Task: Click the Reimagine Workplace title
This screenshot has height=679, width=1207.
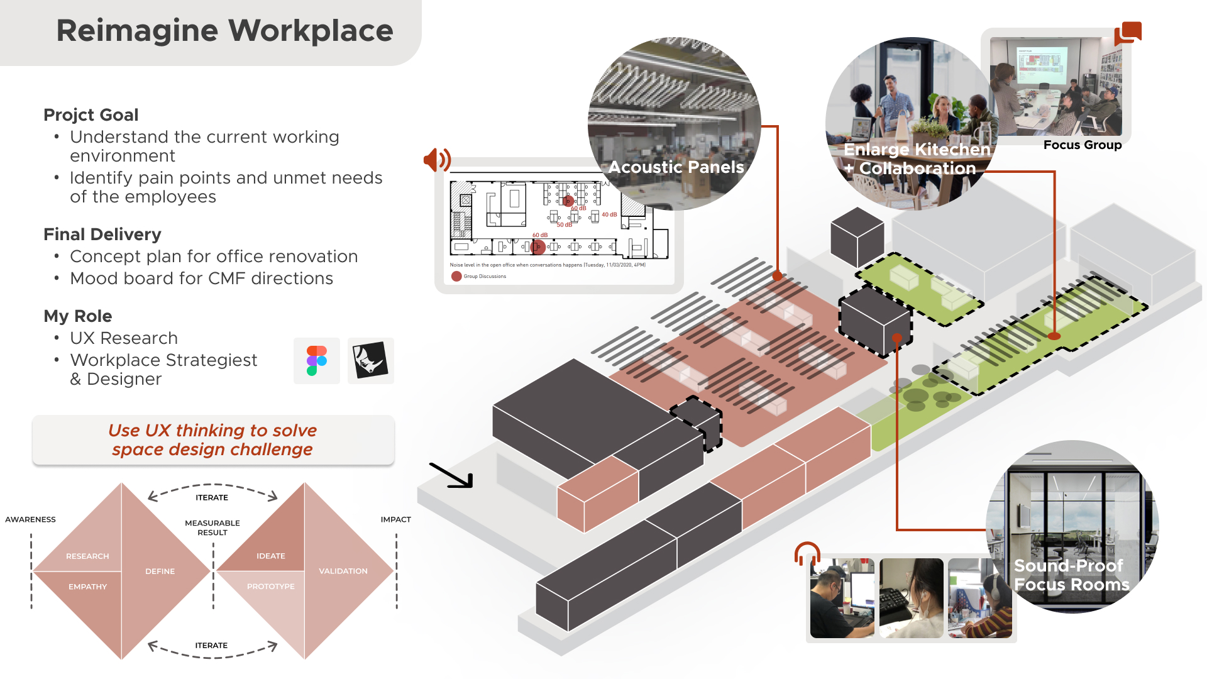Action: click(x=224, y=31)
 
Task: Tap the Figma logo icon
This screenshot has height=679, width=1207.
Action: click(x=317, y=361)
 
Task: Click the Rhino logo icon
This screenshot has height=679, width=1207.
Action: click(x=370, y=361)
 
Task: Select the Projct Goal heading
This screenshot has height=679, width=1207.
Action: click(x=91, y=115)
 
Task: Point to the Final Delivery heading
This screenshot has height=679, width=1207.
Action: click(x=102, y=235)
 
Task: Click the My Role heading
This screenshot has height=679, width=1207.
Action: click(x=77, y=316)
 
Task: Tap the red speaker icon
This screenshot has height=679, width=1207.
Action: click(x=437, y=160)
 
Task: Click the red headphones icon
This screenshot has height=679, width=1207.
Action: click(x=807, y=554)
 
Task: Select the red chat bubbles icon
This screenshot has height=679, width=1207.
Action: click(x=1128, y=33)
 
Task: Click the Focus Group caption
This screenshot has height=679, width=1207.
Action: click(x=1082, y=145)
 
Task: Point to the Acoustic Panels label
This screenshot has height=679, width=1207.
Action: click(x=676, y=167)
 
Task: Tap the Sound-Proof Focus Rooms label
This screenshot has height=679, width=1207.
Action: click(x=1071, y=575)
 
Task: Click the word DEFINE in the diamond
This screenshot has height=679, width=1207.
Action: click(x=160, y=571)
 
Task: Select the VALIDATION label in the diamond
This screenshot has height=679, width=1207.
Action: click(x=343, y=571)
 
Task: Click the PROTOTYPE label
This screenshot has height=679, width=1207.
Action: click(x=270, y=587)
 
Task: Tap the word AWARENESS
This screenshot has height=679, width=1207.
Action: click(x=30, y=520)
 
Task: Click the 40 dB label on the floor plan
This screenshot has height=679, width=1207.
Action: click(x=609, y=215)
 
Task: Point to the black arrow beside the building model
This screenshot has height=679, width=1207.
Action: click(x=451, y=475)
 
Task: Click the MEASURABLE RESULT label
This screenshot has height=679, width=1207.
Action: click(x=212, y=528)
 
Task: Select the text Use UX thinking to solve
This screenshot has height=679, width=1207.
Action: click(x=212, y=431)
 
